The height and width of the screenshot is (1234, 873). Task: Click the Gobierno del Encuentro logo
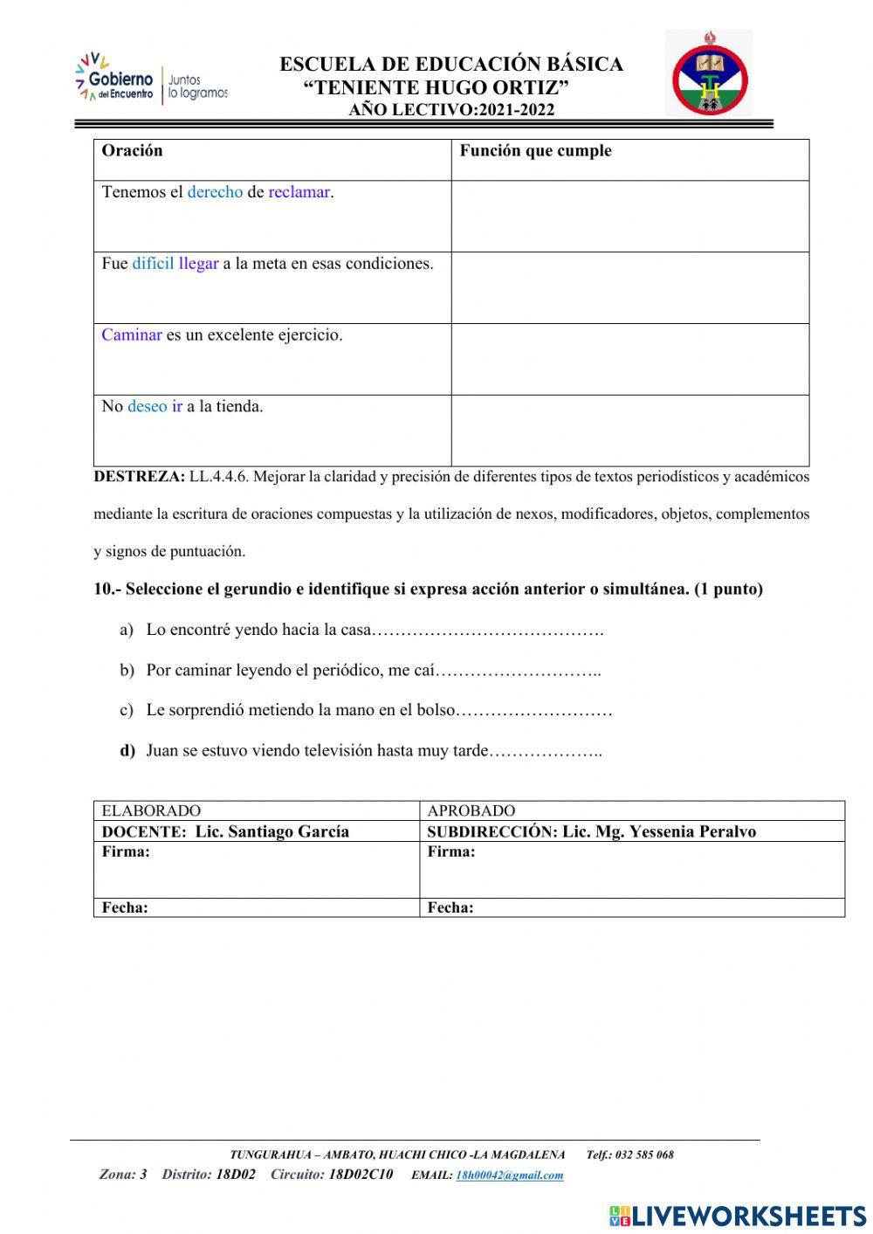(x=151, y=79)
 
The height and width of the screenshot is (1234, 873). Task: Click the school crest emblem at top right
(x=709, y=75)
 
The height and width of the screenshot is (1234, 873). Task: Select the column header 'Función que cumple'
(x=535, y=151)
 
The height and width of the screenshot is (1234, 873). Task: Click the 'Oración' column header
(x=132, y=151)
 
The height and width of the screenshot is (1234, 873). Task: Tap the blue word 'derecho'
(x=215, y=192)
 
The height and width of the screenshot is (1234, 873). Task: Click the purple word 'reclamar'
(x=299, y=192)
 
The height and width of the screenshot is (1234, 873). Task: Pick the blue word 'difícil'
(x=153, y=264)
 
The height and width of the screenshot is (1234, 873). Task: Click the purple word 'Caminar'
(x=132, y=335)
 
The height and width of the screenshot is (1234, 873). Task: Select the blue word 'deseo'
(x=147, y=407)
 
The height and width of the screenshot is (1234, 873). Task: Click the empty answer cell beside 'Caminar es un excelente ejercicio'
(x=629, y=359)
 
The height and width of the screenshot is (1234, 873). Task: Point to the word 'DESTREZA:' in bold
(x=139, y=477)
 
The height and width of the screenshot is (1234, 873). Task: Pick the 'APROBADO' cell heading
(x=471, y=810)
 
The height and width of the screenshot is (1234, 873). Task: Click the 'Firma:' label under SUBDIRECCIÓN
(x=451, y=852)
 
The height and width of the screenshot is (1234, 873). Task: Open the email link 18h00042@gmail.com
(x=509, y=1175)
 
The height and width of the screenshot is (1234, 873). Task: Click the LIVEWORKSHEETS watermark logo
(x=738, y=1215)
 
